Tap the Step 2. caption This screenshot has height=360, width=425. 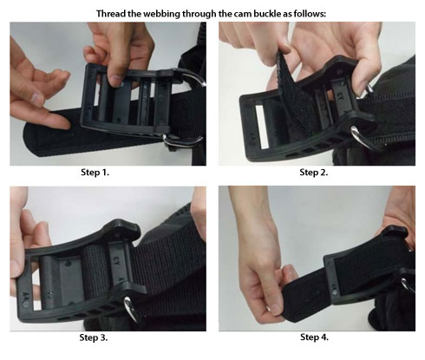coord(315,173)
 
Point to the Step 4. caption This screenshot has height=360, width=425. coord(315,337)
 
